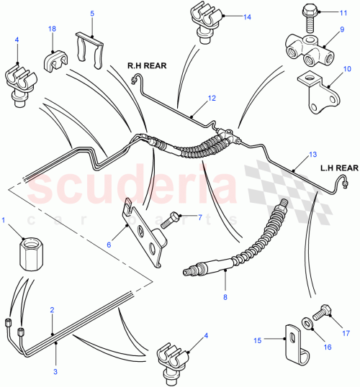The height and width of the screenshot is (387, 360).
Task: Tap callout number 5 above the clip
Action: click(x=92, y=14)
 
